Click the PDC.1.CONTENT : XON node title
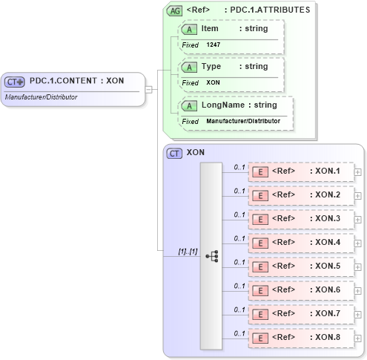(x=76, y=81)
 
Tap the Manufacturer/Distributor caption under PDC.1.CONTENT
(x=41, y=97)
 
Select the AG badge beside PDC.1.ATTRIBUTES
(x=175, y=10)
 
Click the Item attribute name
(x=210, y=28)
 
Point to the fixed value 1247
(x=213, y=45)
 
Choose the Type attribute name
(x=211, y=67)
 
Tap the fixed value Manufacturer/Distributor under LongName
(x=243, y=121)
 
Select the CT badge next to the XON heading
(x=175, y=153)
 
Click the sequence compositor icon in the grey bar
(x=211, y=256)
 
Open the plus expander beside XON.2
(x=358, y=195)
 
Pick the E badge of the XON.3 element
(x=260, y=219)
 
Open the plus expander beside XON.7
(x=358, y=314)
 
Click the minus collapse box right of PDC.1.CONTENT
(x=149, y=90)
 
